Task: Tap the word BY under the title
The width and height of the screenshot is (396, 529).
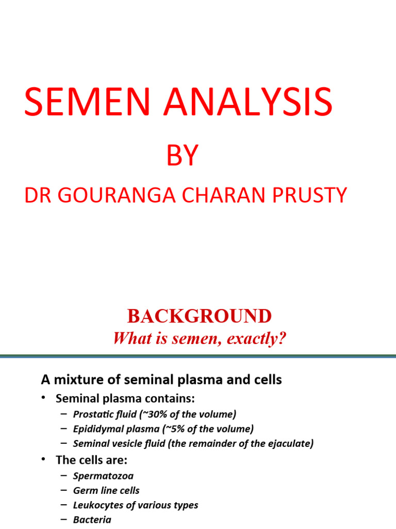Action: [182, 155]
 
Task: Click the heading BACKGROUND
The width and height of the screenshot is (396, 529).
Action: [199, 316]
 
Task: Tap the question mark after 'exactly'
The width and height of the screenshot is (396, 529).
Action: [282, 339]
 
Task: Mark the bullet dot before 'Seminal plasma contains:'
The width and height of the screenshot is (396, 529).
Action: [45, 398]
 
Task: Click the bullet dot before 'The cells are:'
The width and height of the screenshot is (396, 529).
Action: [45, 460]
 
